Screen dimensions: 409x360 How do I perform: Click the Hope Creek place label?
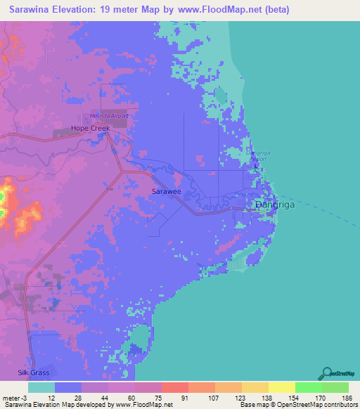pos(91,129)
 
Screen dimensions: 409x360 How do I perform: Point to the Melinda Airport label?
pos(106,116)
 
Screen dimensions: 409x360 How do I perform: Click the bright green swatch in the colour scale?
pos(308,388)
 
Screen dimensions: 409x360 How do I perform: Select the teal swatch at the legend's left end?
pos(41,388)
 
